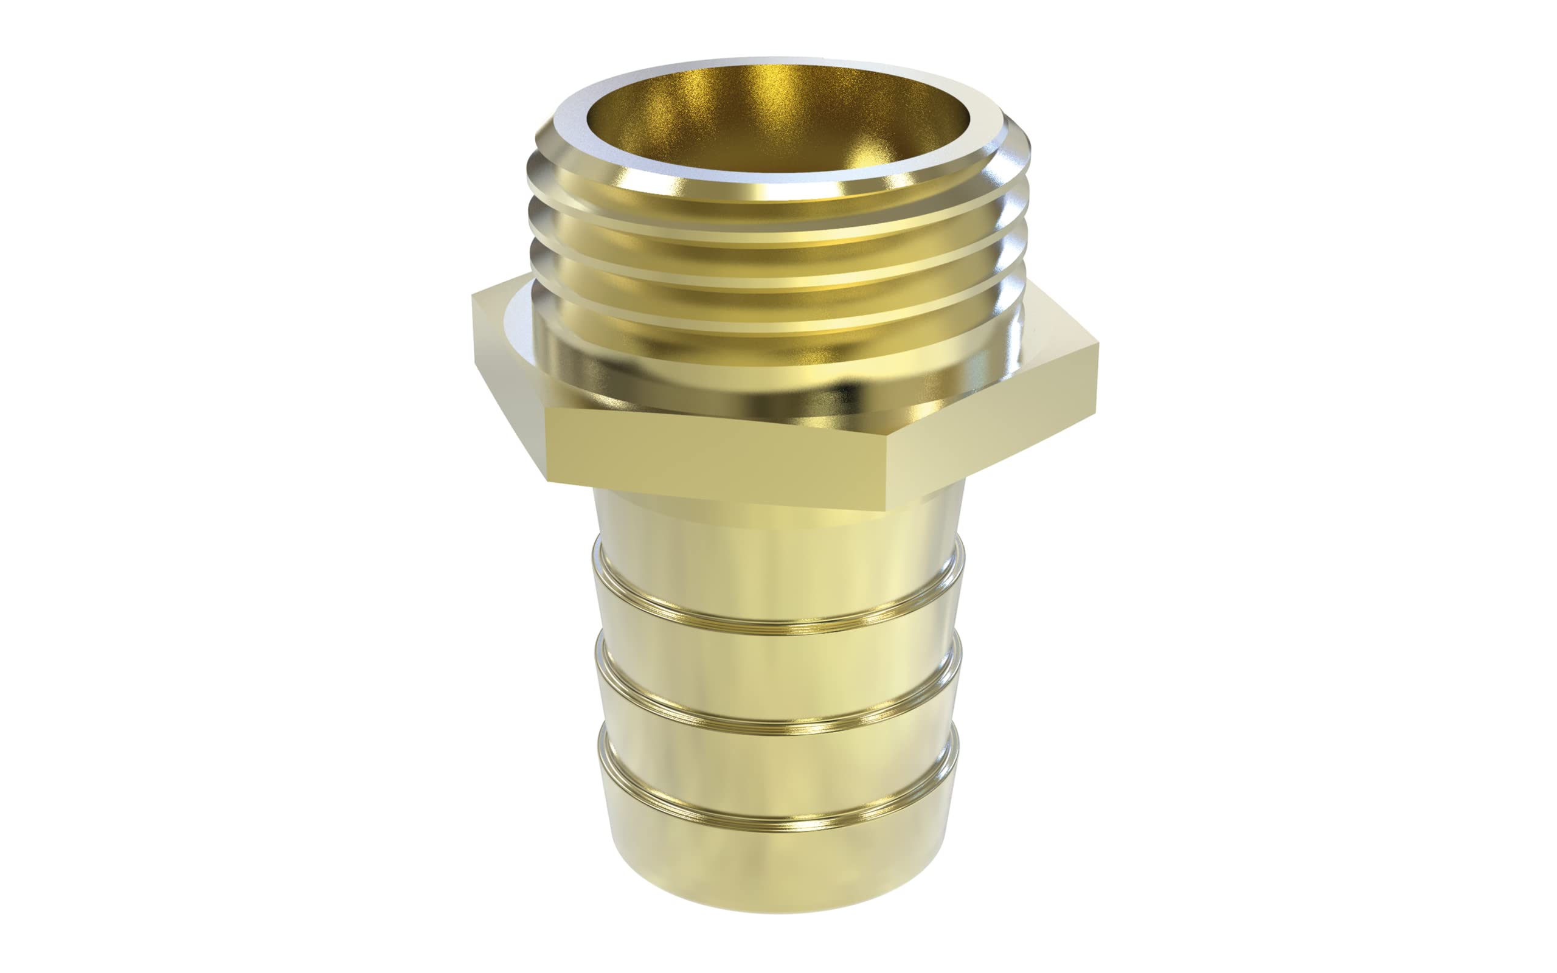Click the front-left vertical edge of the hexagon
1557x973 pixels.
click(547, 444)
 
